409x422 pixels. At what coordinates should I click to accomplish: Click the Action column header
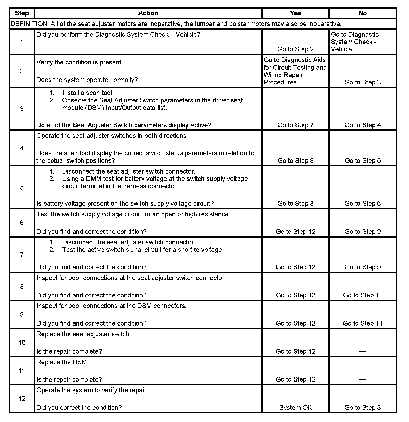pyautogui.click(x=148, y=13)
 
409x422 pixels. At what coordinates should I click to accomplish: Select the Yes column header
pyautogui.click(x=295, y=13)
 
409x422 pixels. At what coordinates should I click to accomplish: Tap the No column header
pyautogui.click(x=363, y=13)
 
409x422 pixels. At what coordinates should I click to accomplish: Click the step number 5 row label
pyautogui.click(x=22, y=187)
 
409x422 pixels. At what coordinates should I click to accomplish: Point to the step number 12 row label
pyautogui.click(x=22, y=399)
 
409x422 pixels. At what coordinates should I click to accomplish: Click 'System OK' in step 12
pyautogui.click(x=295, y=408)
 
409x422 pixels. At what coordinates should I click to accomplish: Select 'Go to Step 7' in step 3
pyautogui.click(x=295, y=125)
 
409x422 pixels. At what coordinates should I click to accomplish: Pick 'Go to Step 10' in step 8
pyautogui.click(x=363, y=295)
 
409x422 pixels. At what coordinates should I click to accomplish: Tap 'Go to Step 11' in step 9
pyautogui.click(x=363, y=323)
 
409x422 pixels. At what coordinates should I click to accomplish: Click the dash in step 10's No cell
pyautogui.click(x=363, y=352)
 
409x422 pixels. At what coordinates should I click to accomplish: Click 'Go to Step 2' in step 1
pyautogui.click(x=295, y=49)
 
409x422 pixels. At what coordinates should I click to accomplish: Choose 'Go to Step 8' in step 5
pyautogui.click(x=295, y=204)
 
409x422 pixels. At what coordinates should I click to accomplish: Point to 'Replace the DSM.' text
pyautogui.click(x=62, y=362)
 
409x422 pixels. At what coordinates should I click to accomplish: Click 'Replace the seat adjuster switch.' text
pyautogui.click(x=84, y=334)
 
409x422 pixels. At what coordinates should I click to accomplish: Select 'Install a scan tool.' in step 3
pyautogui.click(x=88, y=93)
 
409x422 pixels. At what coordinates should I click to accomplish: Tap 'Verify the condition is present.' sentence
pyautogui.click(x=80, y=62)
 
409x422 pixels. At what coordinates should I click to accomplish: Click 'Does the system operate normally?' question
pyautogui.click(x=87, y=80)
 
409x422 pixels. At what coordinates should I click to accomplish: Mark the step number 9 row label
pyautogui.click(x=22, y=314)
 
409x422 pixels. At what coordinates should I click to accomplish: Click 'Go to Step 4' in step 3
pyautogui.click(x=363, y=125)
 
